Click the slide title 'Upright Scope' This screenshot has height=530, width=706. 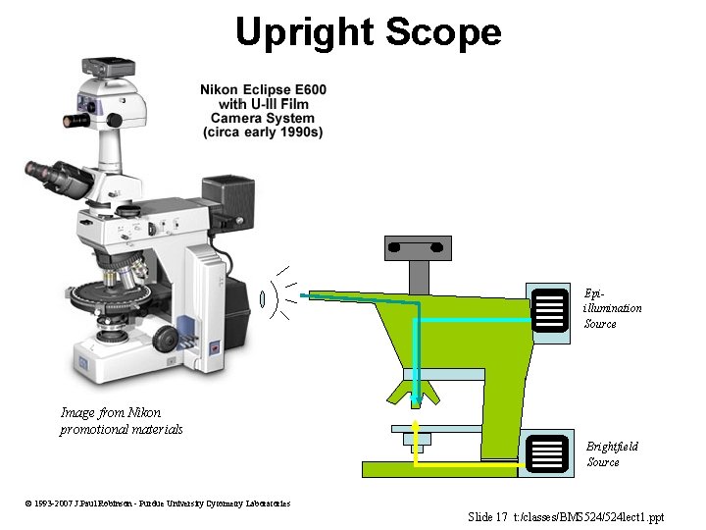tap(368, 32)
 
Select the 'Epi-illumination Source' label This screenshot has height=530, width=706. tap(613, 308)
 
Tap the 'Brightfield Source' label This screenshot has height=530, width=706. tap(612, 453)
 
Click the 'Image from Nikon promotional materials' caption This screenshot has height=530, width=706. tap(121, 421)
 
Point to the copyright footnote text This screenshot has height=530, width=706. tap(158, 503)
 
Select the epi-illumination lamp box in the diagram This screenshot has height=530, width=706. tap(550, 309)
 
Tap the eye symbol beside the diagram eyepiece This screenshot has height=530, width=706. tap(264, 297)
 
